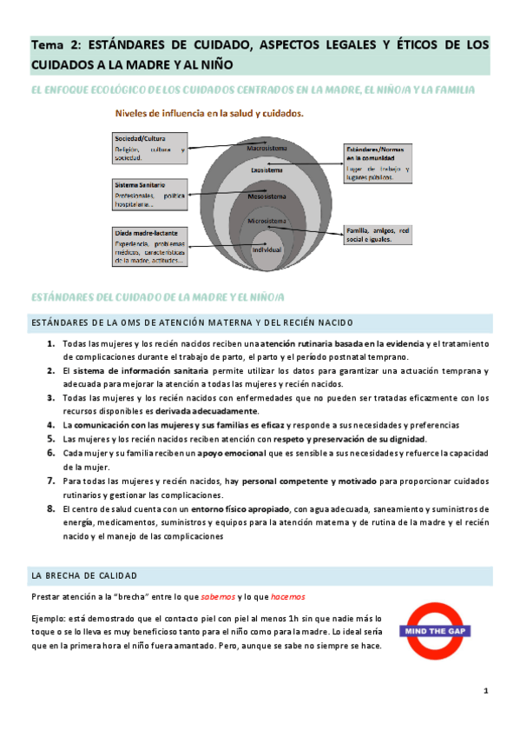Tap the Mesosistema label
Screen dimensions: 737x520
coord(267,196)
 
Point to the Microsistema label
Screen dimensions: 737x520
coord(267,222)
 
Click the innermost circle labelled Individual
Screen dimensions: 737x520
coord(267,249)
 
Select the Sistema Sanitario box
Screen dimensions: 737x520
coord(150,194)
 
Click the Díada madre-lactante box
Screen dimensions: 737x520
coord(150,246)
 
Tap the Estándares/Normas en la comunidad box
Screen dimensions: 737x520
coord(378,163)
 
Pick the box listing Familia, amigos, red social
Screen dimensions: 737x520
coord(378,234)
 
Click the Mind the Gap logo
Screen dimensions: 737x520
coord(437,627)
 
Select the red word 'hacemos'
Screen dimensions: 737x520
coord(287,597)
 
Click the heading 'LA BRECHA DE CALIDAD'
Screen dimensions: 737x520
coord(83,575)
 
